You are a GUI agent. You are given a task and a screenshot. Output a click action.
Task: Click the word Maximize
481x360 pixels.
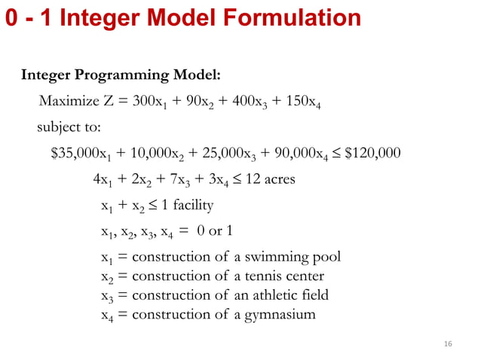click(67, 101)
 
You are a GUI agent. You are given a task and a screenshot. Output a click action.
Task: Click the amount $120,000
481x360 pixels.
click(372, 154)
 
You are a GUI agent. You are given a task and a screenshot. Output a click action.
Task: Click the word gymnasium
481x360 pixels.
click(280, 314)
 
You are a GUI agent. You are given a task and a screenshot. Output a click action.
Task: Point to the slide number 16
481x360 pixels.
click(448, 343)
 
